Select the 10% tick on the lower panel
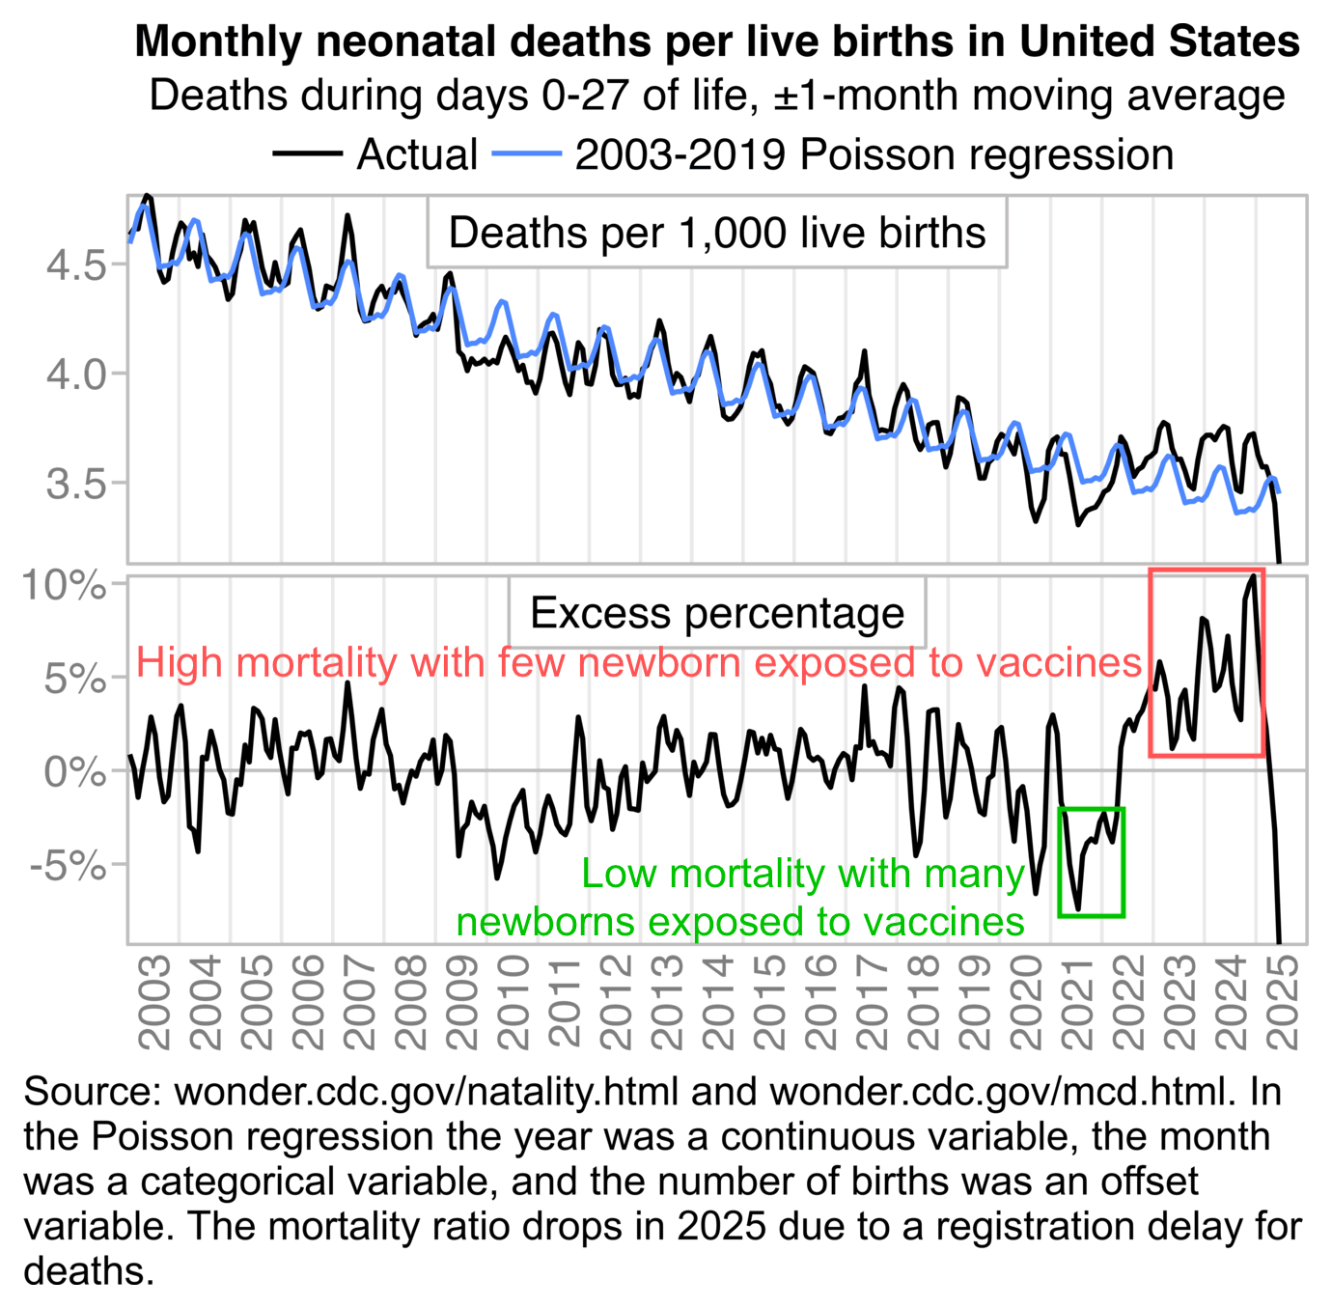[x=64, y=585]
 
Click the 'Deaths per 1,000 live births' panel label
[x=717, y=233]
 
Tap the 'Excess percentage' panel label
[x=717, y=613]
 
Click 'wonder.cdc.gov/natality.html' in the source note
[x=426, y=1092]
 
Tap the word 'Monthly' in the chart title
[x=219, y=42]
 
